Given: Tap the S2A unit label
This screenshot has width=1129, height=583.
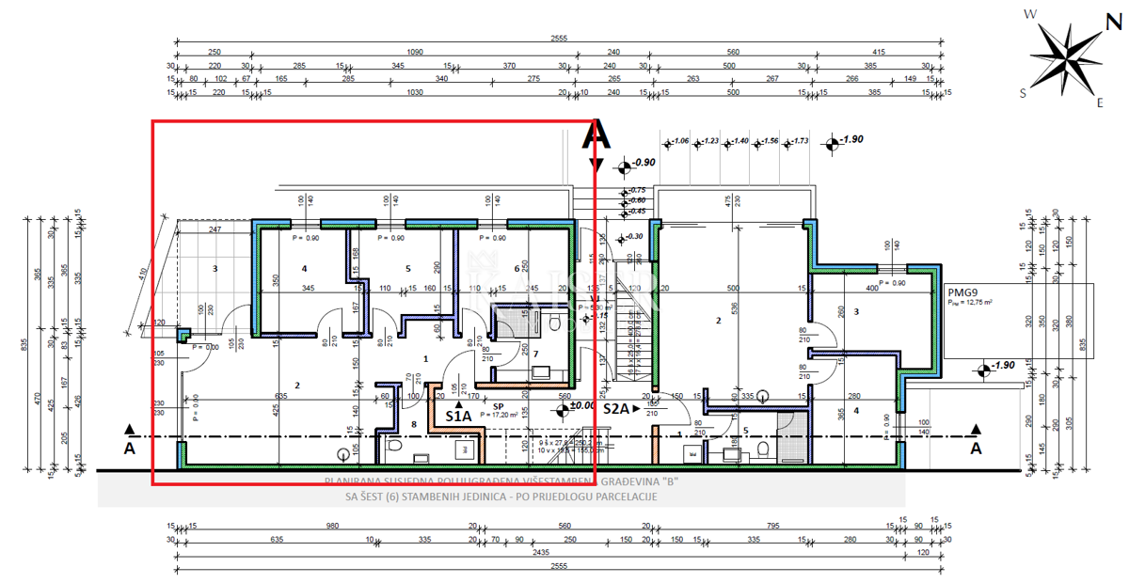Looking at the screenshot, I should click(x=616, y=409).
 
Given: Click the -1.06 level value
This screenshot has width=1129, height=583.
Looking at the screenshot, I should click(x=679, y=141).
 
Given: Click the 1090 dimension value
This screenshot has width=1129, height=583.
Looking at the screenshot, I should click(x=414, y=53).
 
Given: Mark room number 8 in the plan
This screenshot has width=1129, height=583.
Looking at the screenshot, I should click(x=413, y=425).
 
